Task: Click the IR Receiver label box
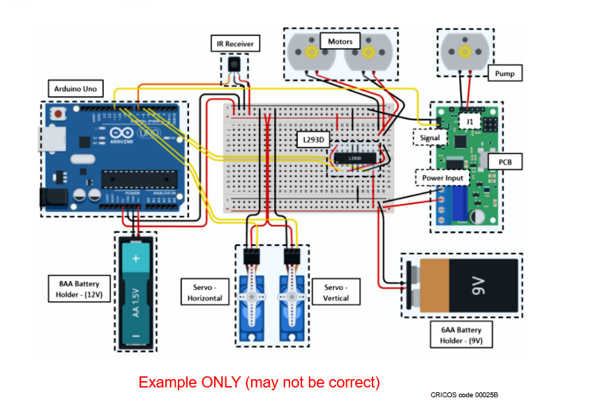[234, 44]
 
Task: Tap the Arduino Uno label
[76, 89]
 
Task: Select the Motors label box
[340, 41]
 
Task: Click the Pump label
[504, 72]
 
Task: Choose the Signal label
[430, 137]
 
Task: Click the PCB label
[504, 162]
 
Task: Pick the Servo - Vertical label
[336, 292]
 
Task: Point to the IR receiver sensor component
[233, 66]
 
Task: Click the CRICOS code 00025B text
[464, 394]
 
